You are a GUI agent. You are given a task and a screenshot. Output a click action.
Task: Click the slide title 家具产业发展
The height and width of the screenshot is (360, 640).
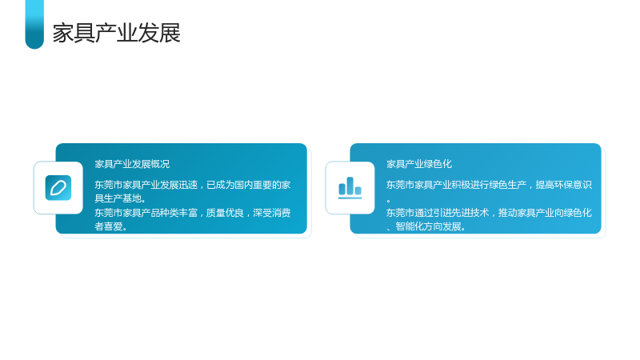tap(116, 33)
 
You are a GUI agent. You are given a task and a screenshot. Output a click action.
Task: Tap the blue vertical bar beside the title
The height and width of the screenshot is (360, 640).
tap(34, 24)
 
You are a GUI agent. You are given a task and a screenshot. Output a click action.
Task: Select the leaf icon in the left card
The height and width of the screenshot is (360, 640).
tap(58, 188)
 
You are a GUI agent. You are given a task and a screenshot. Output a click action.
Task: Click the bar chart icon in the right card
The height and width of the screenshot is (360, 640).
tap(350, 188)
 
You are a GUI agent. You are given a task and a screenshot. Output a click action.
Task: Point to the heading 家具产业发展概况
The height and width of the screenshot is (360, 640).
tap(132, 164)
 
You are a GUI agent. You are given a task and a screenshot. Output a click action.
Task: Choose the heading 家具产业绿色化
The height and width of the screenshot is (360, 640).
tap(419, 164)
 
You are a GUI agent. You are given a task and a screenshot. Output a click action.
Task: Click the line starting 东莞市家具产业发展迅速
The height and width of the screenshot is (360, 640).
tap(193, 185)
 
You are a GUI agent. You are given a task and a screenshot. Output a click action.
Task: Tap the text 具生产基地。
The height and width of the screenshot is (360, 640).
tap(121, 198)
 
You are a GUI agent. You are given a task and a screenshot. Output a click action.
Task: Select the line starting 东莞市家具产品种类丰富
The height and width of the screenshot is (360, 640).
tap(193, 213)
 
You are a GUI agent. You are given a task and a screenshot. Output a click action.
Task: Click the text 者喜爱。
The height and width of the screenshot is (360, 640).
tap(111, 226)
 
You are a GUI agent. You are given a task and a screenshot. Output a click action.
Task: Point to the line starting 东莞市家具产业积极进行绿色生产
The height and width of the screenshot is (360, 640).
tap(489, 185)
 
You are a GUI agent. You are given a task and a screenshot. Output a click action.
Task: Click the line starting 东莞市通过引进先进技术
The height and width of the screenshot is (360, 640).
tap(489, 213)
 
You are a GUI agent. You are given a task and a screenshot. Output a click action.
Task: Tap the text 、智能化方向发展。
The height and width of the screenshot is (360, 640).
tap(426, 226)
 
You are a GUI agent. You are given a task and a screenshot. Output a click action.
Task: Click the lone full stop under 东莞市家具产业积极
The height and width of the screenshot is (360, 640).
tap(389, 201)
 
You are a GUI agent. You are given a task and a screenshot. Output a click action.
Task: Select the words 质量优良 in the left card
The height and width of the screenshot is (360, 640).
tap(225, 213)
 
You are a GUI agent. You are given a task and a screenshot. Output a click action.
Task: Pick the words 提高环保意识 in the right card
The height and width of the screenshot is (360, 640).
tap(564, 185)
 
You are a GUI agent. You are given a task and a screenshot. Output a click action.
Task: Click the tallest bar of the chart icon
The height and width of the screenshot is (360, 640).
tap(350, 186)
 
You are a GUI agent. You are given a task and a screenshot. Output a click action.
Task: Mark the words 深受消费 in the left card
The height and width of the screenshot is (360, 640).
tap(272, 213)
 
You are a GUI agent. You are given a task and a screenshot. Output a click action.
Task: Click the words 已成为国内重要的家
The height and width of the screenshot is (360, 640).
tap(249, 185)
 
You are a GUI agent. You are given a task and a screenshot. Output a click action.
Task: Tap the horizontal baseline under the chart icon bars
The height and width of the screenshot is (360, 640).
tap(350, 198)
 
